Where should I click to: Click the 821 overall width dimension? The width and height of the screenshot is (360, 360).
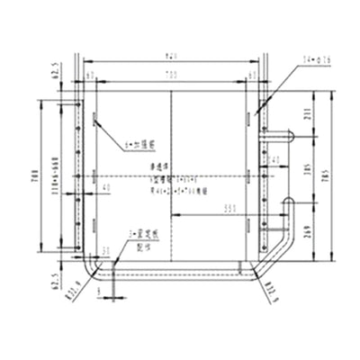click(x=171, y=56)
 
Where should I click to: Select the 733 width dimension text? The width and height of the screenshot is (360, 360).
click(x=171, y=76)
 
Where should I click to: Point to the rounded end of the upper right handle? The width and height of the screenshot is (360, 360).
click(x=292, y=136)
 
